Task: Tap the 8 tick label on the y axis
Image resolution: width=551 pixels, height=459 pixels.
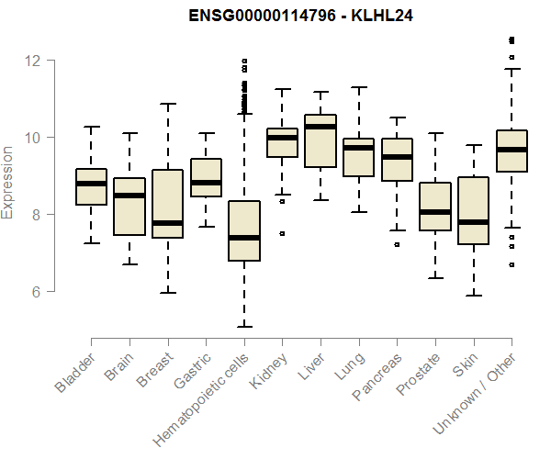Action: click(x=37, y=215)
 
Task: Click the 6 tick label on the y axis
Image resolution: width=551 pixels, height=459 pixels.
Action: click(x=37, y=292)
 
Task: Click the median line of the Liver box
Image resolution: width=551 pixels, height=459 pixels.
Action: click(x=320, y=127)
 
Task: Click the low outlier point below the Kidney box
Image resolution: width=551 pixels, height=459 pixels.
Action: click(x=282, y=233)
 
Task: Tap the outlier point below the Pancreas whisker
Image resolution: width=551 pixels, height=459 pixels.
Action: click(x=397, y=245)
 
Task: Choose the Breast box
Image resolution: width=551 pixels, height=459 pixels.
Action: click(x=167, y=197)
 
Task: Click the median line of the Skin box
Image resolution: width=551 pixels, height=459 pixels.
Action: click(x=474, y=222)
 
